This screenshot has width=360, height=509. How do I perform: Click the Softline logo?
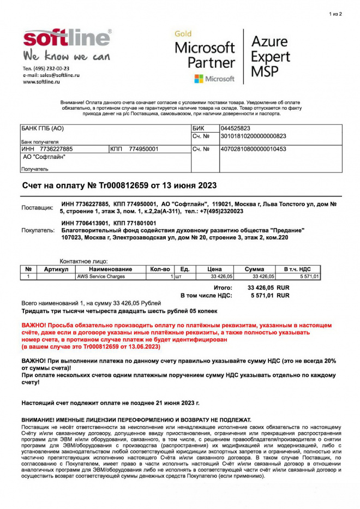67,39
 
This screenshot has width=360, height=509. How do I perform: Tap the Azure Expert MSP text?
270,56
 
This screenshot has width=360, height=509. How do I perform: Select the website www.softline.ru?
41,82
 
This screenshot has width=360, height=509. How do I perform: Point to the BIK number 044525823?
235,128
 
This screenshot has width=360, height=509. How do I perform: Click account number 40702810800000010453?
253,149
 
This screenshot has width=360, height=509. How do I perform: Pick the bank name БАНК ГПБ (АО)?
43,129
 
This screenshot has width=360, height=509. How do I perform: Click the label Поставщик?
37,208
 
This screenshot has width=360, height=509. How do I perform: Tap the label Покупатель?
38,230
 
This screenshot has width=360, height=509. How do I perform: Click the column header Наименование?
111,270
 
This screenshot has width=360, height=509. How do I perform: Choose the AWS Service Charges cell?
101,277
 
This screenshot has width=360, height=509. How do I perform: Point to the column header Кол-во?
160,270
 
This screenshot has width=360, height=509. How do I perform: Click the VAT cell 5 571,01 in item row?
309,277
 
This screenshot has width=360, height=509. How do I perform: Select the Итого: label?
223,287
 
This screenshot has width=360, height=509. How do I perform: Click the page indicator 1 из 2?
335,14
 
